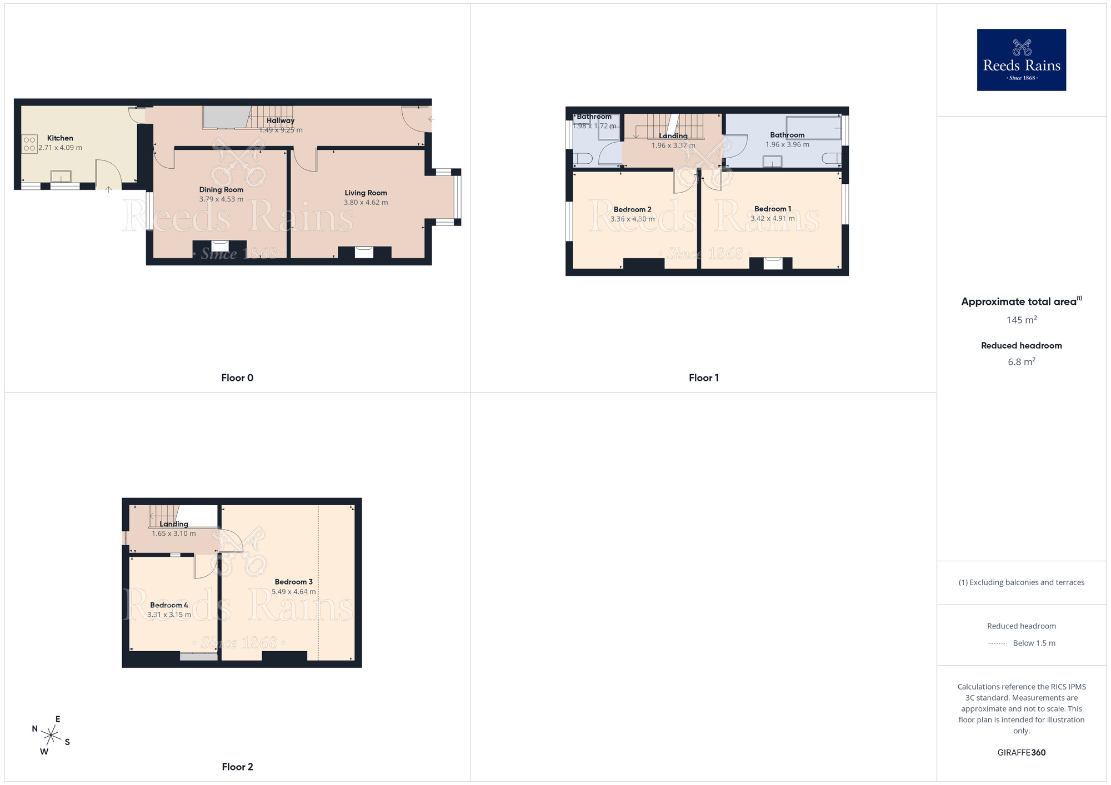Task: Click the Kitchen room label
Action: click(60, 138)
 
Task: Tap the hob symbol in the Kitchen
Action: click(29, 144)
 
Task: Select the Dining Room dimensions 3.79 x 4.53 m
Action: click(221, 199)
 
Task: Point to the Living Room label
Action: click(366, 193)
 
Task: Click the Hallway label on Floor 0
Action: click(281, 120)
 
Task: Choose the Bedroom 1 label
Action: click(773, 209)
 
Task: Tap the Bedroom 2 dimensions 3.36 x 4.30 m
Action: click(632, 219)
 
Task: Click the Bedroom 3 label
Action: click(293, 582)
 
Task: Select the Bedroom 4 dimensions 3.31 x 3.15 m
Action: click(169, 615)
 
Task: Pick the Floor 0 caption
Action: click(237, 378)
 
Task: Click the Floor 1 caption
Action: click(703, 378)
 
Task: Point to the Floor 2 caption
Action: click(237, 767)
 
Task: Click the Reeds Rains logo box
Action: click(1021, 60)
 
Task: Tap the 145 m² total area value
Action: click(1021, 320)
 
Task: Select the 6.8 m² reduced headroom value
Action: click(1021, 362)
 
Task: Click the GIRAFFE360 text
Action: click(1021, 753)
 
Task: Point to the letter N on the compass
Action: click(35, 729)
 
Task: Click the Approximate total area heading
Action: click(1019, 301)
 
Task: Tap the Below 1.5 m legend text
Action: click(1034, 643)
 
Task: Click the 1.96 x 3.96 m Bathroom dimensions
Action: click(787, 145)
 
